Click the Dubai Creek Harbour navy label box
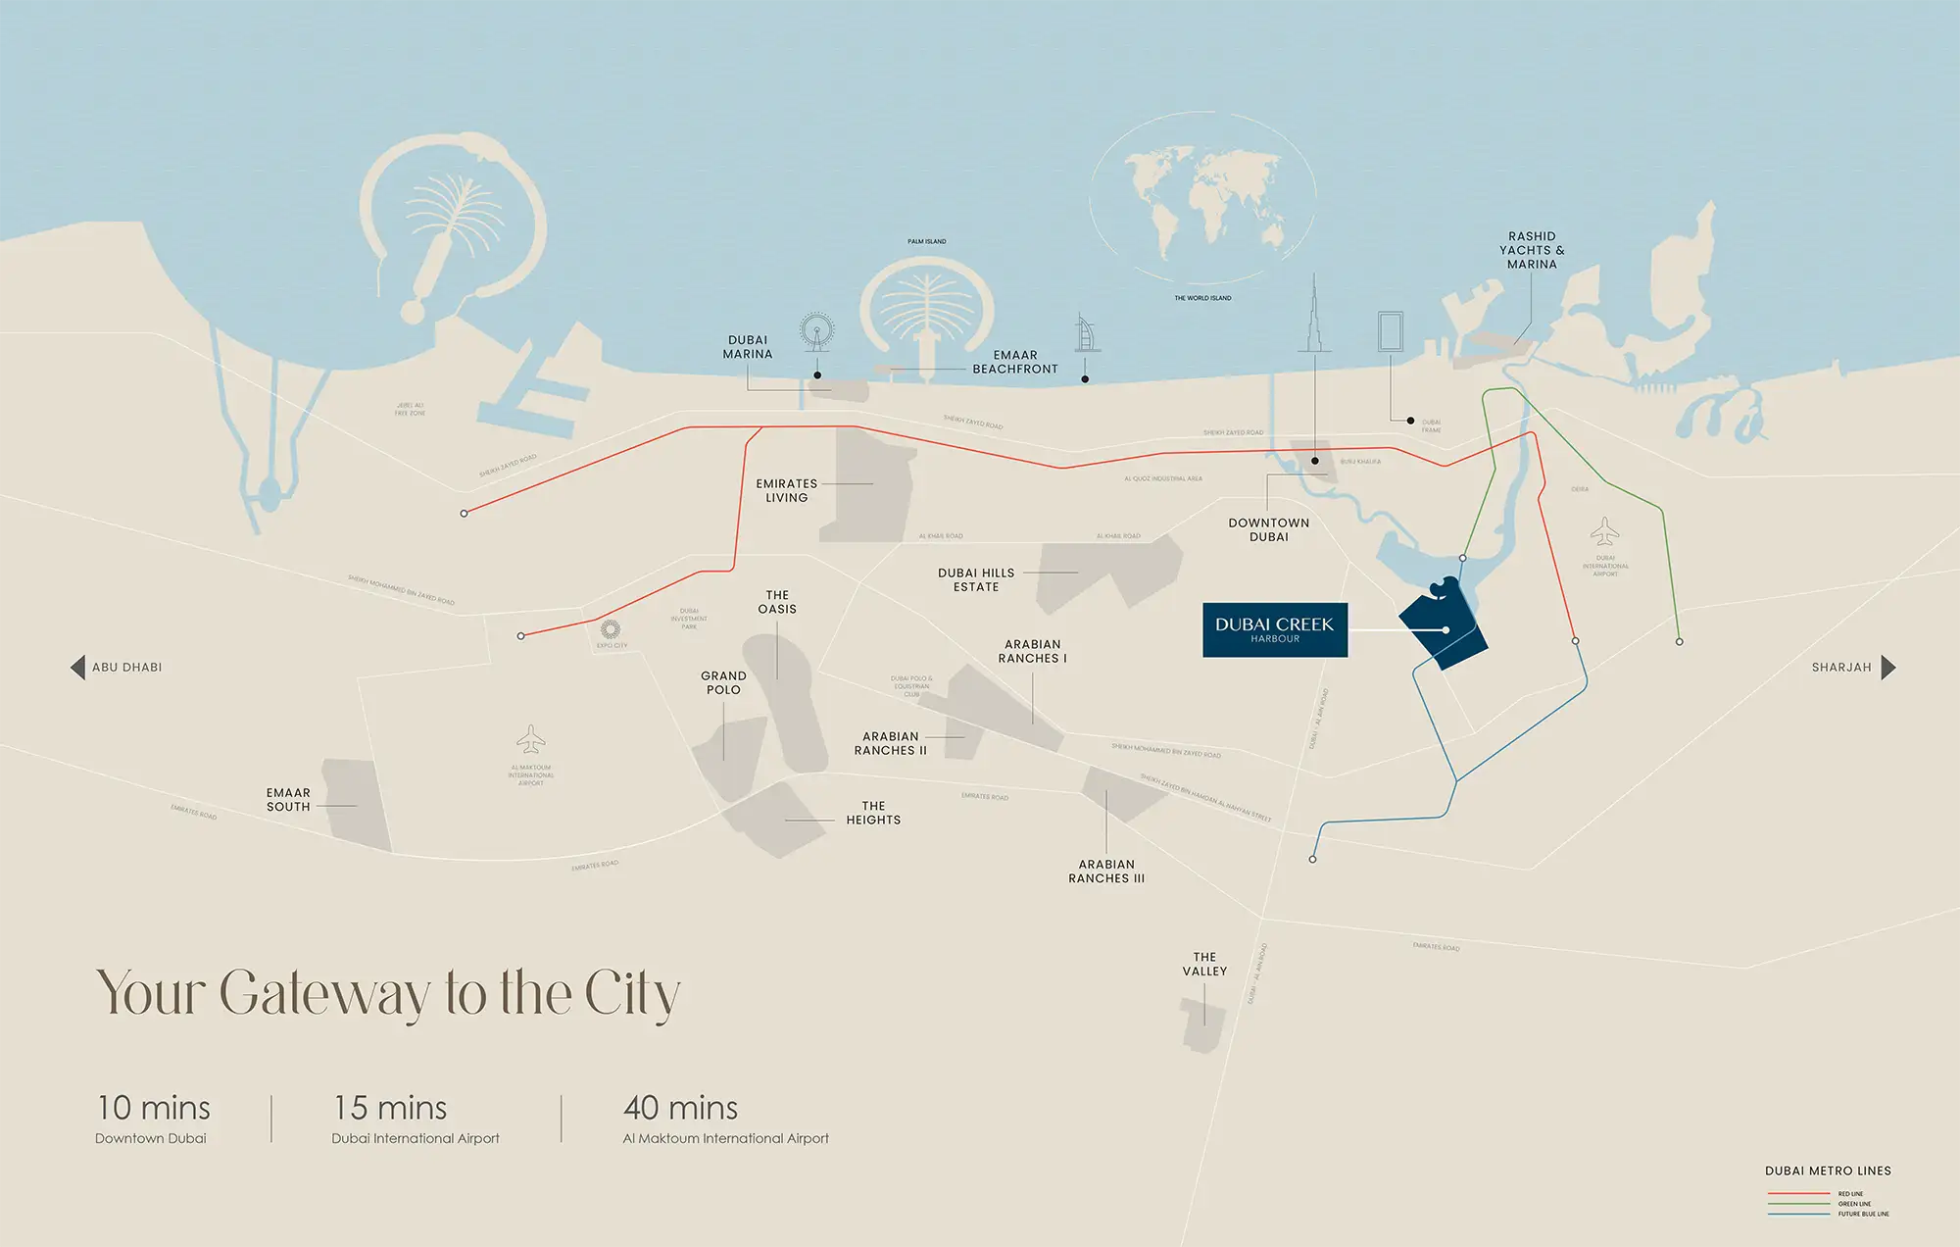coord(1274,629)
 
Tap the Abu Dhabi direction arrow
coord(77,668)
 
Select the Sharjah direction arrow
coord(1888,668)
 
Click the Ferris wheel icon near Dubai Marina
coord(816,331)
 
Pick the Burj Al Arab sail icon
coord(1084,333)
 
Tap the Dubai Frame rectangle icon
coord(1390,331)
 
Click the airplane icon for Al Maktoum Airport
coord(530,738)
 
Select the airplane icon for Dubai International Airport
coord(1604,532)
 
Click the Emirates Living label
coord(786,490)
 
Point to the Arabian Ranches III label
coord(1106,872)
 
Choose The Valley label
coord(1204,964)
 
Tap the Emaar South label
coord(288,800)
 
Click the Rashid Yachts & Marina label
coord(1532,250)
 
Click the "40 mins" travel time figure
coord(680,1108)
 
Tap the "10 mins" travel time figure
coord(154,1108)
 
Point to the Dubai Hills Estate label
coord(976,579)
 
